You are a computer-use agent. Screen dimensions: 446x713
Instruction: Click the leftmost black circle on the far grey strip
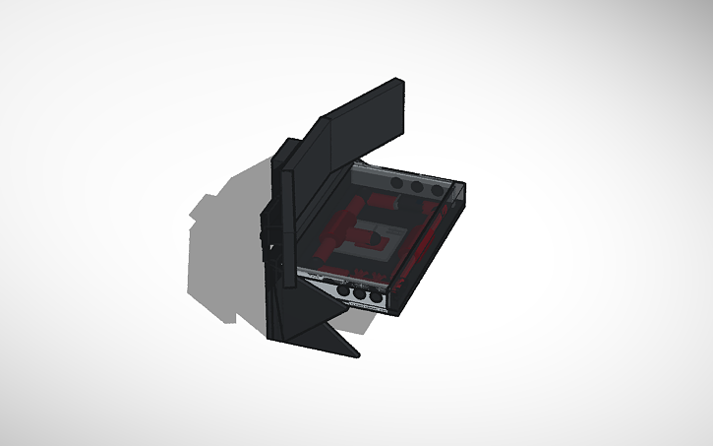click(396, 184)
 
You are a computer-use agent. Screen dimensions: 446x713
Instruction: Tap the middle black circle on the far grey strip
click(417, 186)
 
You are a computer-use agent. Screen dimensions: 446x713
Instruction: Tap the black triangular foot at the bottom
click(320, 335)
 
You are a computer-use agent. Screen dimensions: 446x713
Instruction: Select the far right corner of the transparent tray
click(463, 187)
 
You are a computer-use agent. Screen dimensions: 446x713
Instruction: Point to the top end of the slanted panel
click(398, 84)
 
